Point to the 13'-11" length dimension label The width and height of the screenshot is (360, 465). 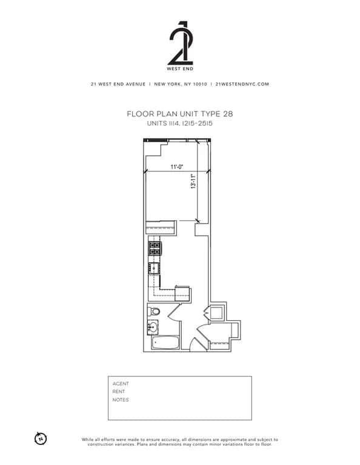(193, 182)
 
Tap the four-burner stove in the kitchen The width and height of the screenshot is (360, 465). (155, 248)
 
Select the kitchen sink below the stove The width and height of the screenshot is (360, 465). (155, 268)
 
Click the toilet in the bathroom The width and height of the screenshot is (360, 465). (155, 312)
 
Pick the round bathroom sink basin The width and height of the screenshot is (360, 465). (153, 328)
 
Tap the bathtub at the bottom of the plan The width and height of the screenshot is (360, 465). (165, 343)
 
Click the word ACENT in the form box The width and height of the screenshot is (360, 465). (121, 383)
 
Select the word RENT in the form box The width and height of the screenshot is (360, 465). (119, 392)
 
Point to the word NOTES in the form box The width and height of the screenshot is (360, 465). (121, 400)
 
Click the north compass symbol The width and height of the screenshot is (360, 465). (41, 438)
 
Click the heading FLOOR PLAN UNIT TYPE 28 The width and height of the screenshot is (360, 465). (180, 113)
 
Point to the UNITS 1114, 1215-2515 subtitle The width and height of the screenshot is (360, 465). (180, 123)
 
